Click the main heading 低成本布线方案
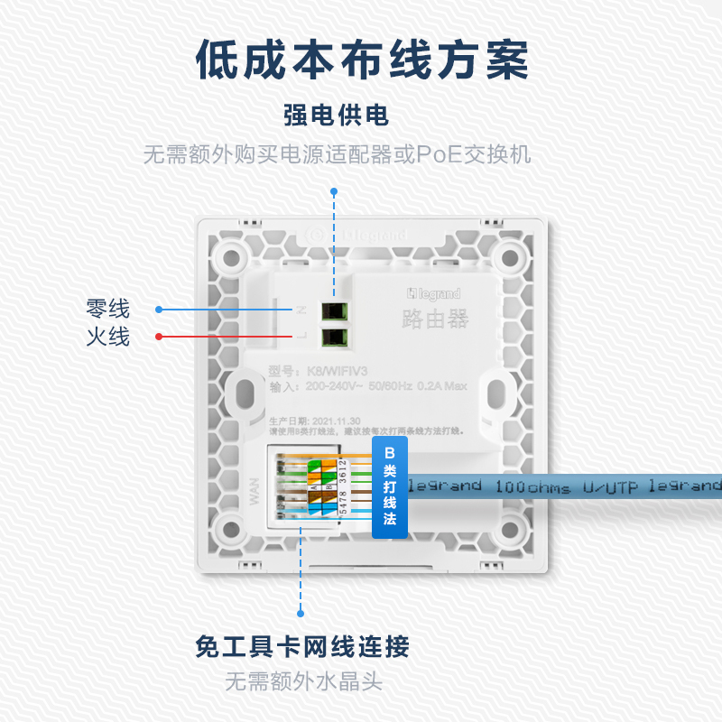click(x=361, y=60)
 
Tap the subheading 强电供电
click(x=336, y=116)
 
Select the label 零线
click(x=108, y=310)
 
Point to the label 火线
click(x=108, y=338)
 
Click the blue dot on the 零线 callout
click(x=159, y=310)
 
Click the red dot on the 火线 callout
click(x=159, y=338)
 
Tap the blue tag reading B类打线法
click(x=390, y=486)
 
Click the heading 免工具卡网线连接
click(x=302, y=647)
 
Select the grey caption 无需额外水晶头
click(x=303, y=680)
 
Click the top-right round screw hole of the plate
click(x=510, y=255)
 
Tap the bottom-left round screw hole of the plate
click(x=233, y=532)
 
